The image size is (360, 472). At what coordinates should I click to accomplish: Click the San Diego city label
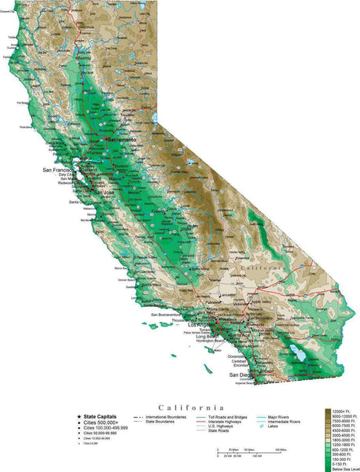coord(241,375)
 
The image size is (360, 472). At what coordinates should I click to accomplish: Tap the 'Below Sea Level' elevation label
coord(343,466)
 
